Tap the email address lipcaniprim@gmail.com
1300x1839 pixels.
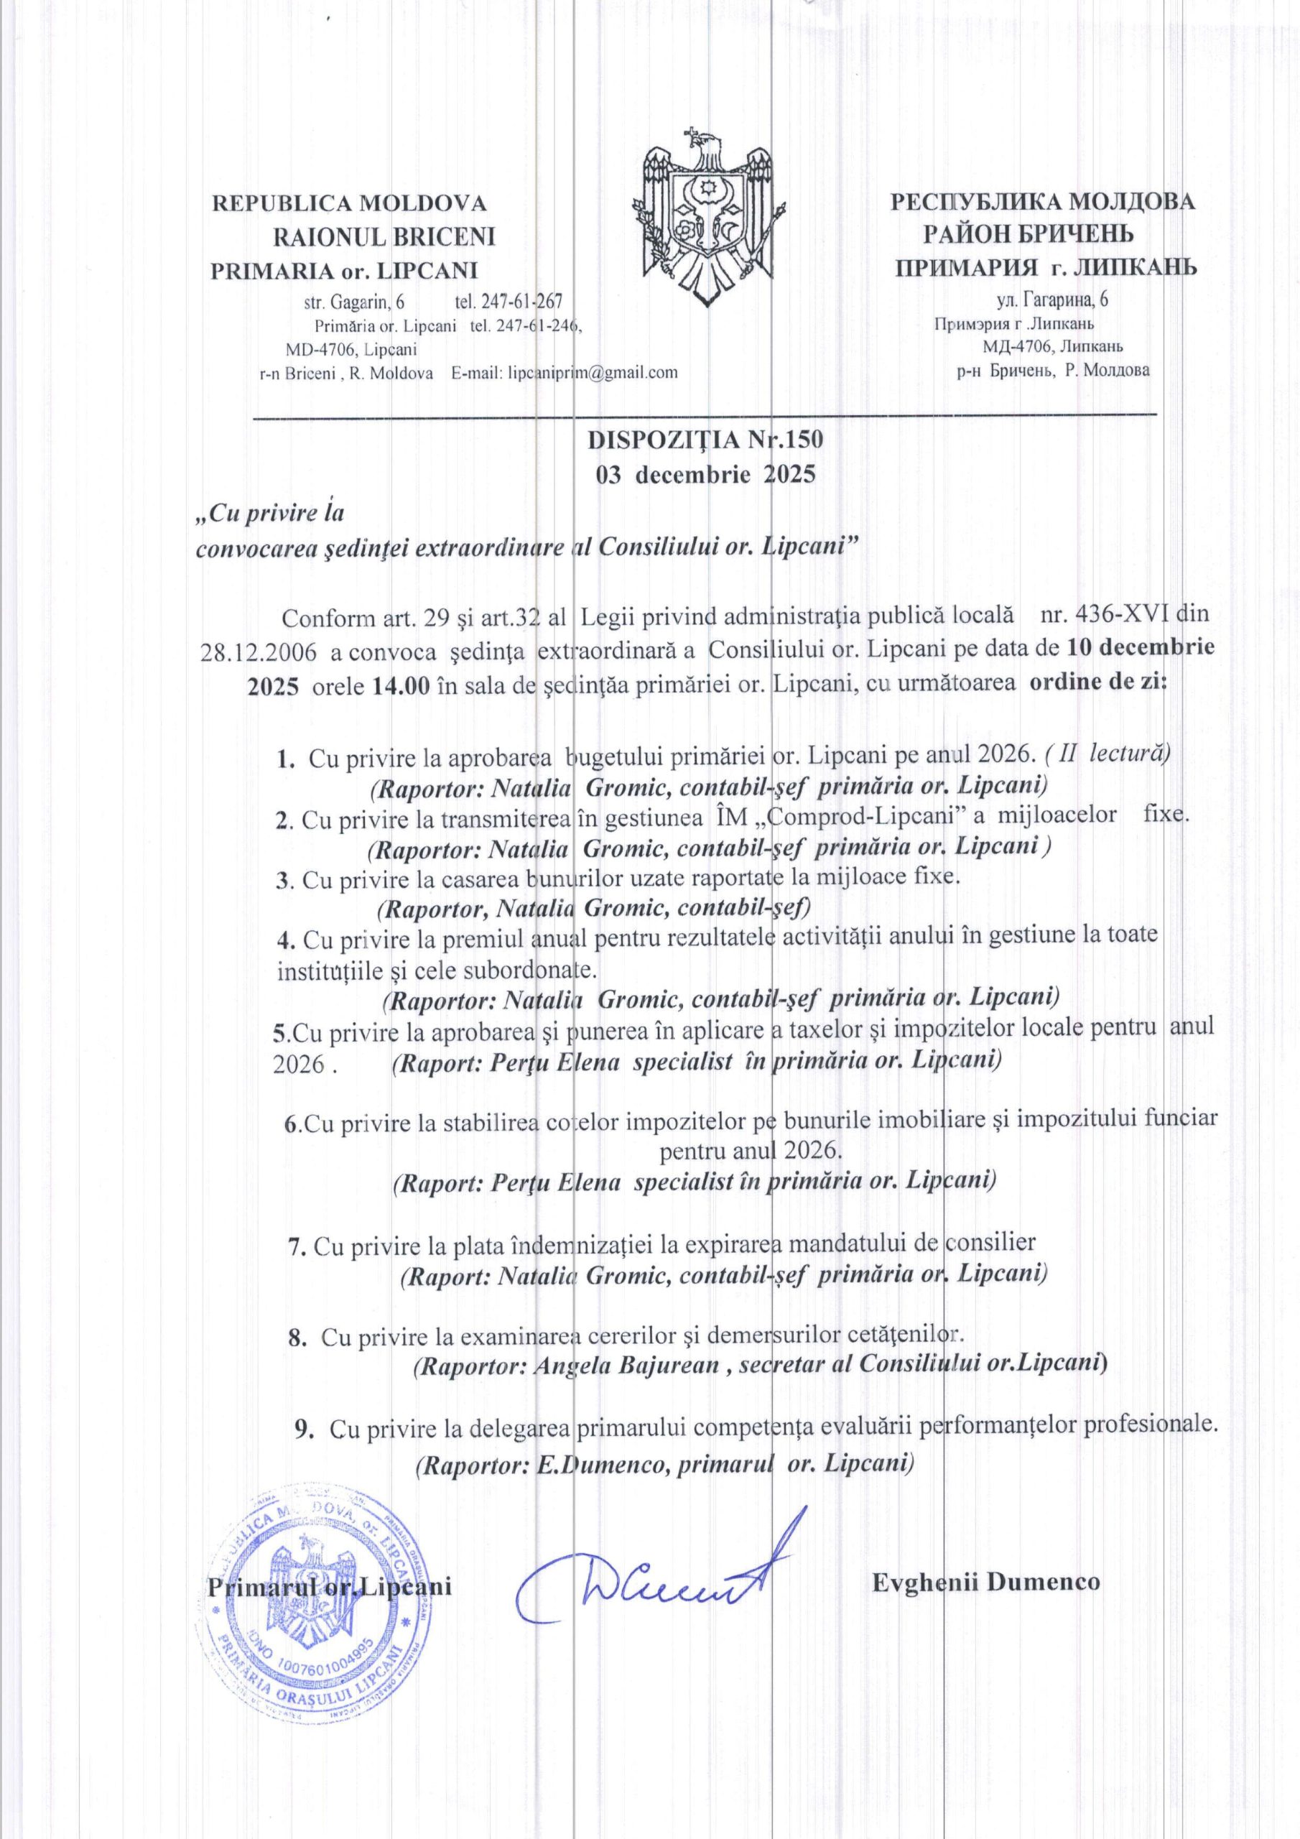click(593, 371)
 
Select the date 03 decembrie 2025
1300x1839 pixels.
click(704, 474)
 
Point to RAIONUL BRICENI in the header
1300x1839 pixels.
click(384, 236)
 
